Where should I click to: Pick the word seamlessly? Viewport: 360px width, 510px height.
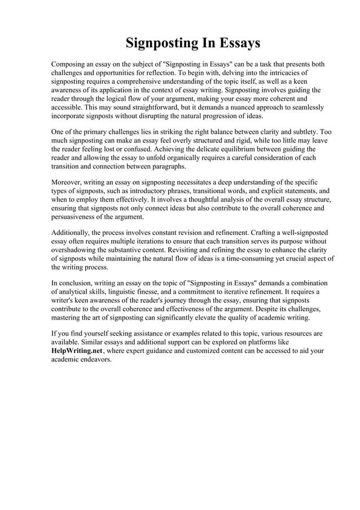tap(304, 107)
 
